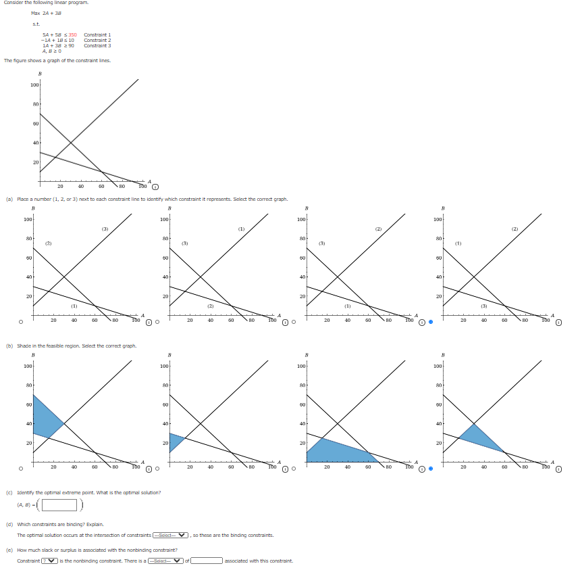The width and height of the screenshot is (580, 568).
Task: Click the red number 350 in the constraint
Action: tap(72, 34)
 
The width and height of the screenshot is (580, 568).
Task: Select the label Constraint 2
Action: tap(97, 40)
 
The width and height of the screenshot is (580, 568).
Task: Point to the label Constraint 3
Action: tap(97, 45)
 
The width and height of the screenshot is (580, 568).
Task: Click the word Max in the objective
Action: tap(35, 13)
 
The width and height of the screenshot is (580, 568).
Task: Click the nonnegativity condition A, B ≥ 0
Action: tap(51, 51)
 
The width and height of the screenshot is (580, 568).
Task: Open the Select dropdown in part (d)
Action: tap(170, 535)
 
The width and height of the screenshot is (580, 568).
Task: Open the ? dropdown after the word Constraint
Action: tap(49, 561)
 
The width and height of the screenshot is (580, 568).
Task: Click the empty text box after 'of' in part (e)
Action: tap(205, 561)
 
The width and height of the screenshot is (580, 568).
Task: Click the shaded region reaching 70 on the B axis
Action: tap(43, 416)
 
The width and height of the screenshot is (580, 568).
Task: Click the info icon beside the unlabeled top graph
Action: tap(155, 187)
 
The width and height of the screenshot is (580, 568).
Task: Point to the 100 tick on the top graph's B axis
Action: tap(34, 85)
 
